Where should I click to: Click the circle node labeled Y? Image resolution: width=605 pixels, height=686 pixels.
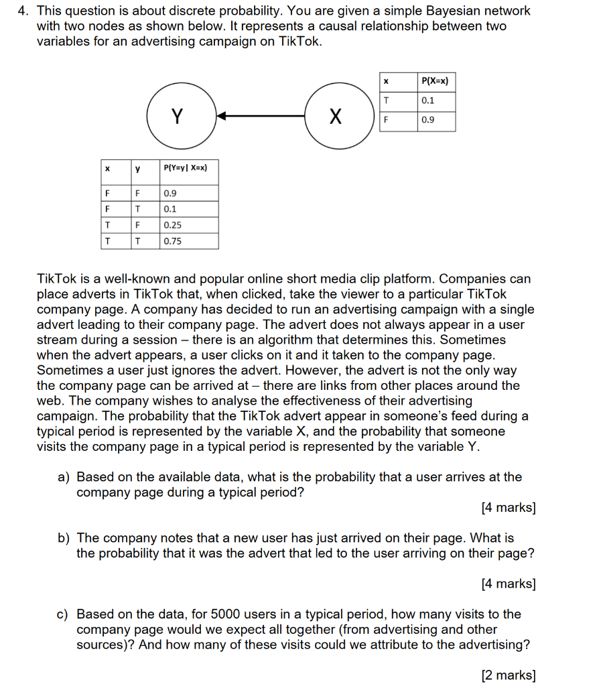(177, 117)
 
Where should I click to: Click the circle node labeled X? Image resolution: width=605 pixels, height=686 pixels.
(336, 117)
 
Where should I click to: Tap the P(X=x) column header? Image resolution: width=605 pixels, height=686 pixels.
(436, 81)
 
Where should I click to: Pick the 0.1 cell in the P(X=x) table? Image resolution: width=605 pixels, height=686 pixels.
(436, 100)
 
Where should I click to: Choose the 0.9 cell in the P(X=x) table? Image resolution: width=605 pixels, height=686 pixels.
(436, 121)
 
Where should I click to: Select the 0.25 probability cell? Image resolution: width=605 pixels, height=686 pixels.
(188, 225)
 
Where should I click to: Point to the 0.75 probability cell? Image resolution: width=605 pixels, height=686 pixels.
(188, 241)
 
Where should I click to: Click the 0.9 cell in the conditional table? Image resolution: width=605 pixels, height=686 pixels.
(188, 194)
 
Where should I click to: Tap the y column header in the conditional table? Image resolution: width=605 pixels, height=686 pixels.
(138, 169)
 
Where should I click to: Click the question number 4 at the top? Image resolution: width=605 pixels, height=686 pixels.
(21, 11)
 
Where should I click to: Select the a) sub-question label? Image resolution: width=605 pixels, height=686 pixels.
(64, 477)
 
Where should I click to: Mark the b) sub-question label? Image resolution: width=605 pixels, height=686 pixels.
(64, 538)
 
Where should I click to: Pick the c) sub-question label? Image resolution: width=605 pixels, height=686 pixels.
(64, 614)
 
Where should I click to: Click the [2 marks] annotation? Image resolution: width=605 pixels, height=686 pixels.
(508, 675)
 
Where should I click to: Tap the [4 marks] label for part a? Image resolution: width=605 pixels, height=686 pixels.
(508, 508)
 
